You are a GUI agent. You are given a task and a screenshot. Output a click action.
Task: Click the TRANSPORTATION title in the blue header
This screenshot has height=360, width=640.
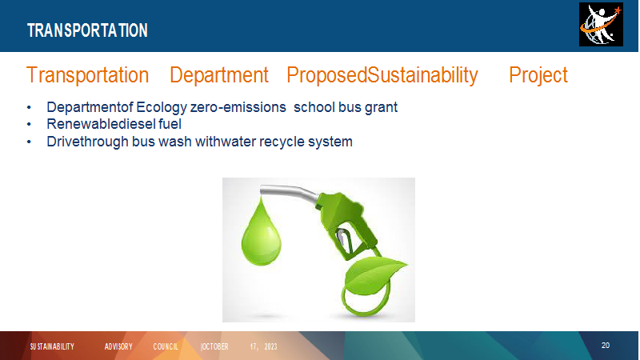pyautogui.click(x=87, y=30)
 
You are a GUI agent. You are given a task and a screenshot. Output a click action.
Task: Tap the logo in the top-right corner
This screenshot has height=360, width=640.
pyautogui.click(x=601, y=25)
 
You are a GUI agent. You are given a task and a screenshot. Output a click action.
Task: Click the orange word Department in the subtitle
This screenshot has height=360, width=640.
pyautogui.click(x=218, y=75)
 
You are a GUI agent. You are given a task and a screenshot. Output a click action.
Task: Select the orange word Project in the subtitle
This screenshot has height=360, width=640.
pyautogui.click(x=538, y=75)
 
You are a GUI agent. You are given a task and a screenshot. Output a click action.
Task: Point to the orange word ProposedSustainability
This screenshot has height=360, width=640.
pyautogui.click(x=382, y=75)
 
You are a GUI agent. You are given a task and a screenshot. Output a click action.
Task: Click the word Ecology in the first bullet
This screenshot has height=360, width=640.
pyautogui.click(x=162, y=107)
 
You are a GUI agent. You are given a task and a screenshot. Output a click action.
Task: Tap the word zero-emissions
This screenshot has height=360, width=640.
pyautogui.click(x=238, y=107)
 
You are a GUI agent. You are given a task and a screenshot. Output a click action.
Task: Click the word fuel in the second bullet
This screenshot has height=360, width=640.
pyautogui.click(x=170, y=124)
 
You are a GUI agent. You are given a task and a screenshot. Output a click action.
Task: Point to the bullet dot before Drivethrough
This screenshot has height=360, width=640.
pyautogui.click(x=29, y=142)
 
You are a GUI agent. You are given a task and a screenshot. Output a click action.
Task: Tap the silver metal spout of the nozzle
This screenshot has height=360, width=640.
pyautogui.click(x=288, y=192)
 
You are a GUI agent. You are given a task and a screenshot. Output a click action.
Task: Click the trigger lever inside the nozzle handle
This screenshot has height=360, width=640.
pyautogui.click(x=345, y=240)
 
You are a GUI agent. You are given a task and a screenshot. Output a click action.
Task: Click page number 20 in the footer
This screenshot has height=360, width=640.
pyautogui.click(x=606, y=346)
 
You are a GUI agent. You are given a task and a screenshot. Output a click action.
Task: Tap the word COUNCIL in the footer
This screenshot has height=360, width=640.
pyautogui.click(x=166, y=346)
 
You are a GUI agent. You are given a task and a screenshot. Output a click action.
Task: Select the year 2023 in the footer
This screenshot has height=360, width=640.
pyautogui.click(x=270, y=346)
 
